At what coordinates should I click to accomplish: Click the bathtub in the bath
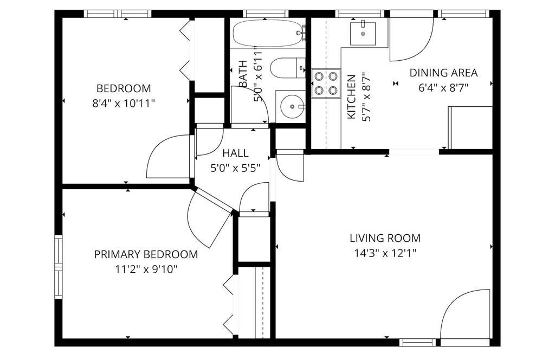coord(268,33)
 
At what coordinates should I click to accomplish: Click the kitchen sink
coord(363,33)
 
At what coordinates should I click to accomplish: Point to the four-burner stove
coord(326,83)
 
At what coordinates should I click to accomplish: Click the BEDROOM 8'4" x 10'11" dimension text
coord(124,104)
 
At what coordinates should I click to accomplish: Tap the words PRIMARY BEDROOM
coord(146,254)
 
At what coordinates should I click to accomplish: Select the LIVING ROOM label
coord(385,238)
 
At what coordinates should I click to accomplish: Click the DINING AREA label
coord(443,73)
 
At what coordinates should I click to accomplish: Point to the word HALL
coord(235,153)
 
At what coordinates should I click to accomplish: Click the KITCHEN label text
coord(351,97)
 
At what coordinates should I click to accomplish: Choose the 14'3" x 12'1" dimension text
coord(385,253)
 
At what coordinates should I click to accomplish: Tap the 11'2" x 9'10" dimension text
coord(146,270)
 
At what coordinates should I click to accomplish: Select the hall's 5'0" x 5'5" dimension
coord(235,169)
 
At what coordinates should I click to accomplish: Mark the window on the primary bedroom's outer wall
coord(58,267)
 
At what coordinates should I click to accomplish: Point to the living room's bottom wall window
coord(418,342)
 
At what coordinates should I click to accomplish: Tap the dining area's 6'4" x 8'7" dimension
coord(443,88)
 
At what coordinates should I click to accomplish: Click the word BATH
coord(243,74)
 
